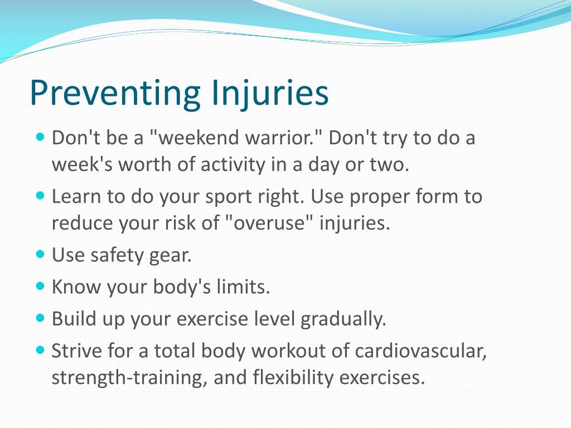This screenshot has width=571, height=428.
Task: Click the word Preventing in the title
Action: (x=115, y=93)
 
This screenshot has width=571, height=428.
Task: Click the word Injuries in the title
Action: (x=270, y=93)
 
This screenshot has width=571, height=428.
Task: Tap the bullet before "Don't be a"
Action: (x=40, y=137)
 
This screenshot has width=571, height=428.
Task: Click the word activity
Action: (x=233, y=165)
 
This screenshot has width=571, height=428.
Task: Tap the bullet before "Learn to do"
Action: (x=40, y=196)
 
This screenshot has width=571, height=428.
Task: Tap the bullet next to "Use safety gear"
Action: (x=40, y=254)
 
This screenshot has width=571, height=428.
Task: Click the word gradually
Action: (x=343, y=319)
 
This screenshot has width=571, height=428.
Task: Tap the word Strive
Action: (x=77, y=351)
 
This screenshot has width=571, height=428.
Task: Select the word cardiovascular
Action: (x=420, y=351)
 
